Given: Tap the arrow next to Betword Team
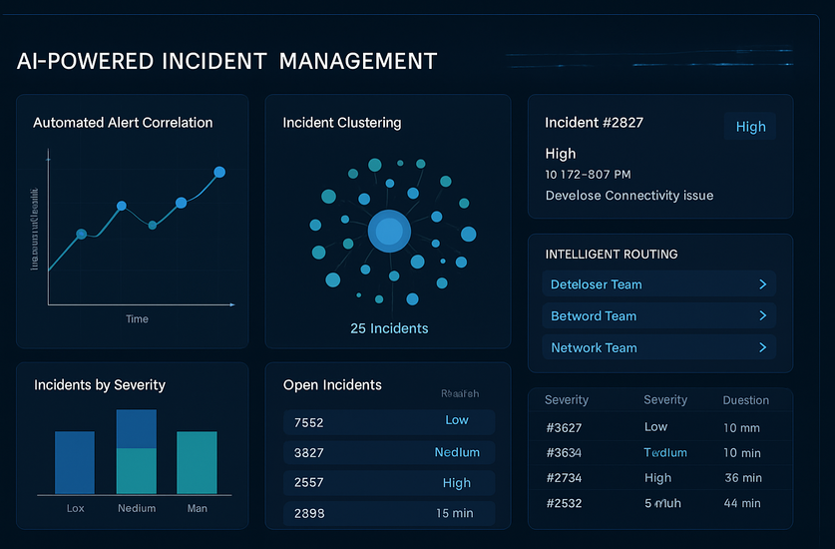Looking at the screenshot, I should [x=762, y=315].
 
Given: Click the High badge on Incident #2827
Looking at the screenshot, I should [x=750, y=127].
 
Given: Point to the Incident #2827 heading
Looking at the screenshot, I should [x=594, y=123].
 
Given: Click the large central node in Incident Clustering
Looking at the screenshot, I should [x=388, y=232].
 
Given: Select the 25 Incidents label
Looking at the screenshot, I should [x=389, y=328].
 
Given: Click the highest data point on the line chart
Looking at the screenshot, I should [x=219, y=172].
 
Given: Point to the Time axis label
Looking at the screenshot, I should [x=137, y=319].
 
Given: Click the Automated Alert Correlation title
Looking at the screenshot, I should [x=123, y=123].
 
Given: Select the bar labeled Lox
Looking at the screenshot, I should [x=75, y=462].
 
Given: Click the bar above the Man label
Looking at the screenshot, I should [x=197, y=462].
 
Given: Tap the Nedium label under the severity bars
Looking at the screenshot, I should [x=137, y=508].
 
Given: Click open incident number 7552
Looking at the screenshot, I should [x=309, y=422].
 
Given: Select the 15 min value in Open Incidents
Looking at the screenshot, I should [x=456, y=514].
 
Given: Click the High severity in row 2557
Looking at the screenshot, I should [x=456, y=483].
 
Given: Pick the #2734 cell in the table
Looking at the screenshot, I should [x=566, y=478].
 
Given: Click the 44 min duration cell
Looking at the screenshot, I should [x=741, y=504].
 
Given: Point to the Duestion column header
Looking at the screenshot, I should [x=745, y=400].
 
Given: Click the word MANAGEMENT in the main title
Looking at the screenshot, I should [x=357, y=61].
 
